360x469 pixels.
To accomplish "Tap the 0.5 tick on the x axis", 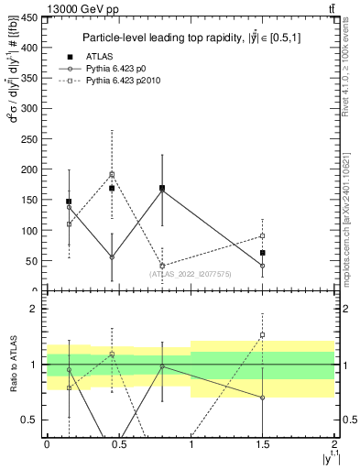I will [118, 442].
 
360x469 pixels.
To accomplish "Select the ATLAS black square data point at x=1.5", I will [262, 253].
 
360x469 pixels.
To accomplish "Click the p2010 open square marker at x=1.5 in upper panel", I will [262, 236].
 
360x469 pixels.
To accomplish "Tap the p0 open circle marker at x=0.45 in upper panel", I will [112, 257].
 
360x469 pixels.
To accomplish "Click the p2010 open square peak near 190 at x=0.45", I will [112, 174].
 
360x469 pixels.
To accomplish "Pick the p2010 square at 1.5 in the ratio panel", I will [262, 335].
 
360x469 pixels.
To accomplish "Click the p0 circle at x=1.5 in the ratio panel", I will [262, 398].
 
